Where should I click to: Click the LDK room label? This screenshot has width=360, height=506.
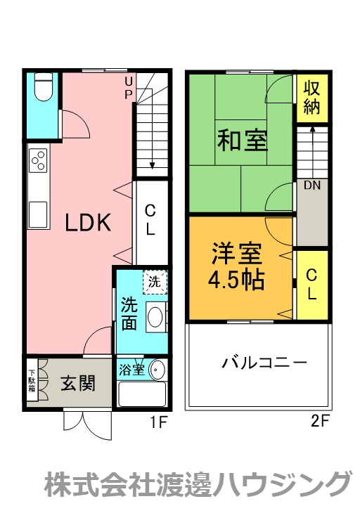[88, 223]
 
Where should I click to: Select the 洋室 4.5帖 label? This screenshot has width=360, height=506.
[236, 266]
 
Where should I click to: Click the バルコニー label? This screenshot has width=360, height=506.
[264, 363]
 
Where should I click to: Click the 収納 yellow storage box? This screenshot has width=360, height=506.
[312, 98]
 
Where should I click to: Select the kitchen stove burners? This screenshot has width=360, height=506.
[38, 162]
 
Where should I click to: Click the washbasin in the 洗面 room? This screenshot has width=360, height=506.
[156, 318]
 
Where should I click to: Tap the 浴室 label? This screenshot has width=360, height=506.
[131, 369]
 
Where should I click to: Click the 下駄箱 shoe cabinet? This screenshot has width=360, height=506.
[32, 384]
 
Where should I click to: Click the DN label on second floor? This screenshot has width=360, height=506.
[313, 186]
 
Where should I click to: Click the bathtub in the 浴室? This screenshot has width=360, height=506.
[141, 394]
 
